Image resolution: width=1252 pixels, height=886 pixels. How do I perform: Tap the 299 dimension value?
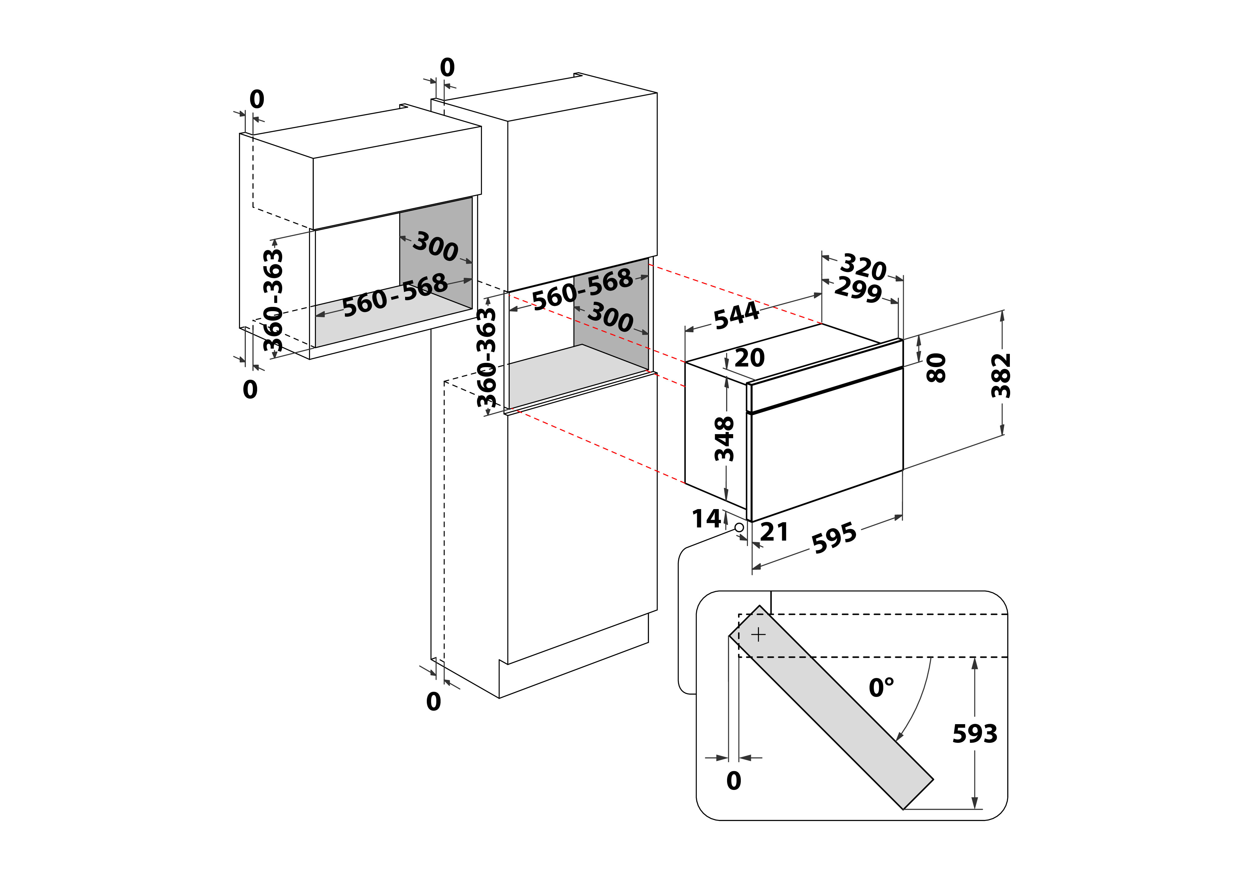click(x=858, y=289)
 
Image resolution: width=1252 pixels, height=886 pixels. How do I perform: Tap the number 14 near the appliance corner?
click(x=706, y=519)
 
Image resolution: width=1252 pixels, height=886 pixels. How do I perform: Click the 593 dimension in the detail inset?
click(x=974, y=734)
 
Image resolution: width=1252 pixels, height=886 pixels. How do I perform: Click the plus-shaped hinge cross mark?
click(x=758, y=635)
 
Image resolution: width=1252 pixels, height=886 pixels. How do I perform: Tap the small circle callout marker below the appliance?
click(x=739, y=527)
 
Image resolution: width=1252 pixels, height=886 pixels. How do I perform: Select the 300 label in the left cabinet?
click(x=435, y=247)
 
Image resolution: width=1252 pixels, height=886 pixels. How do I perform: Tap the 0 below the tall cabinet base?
click(x=434, y=702)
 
